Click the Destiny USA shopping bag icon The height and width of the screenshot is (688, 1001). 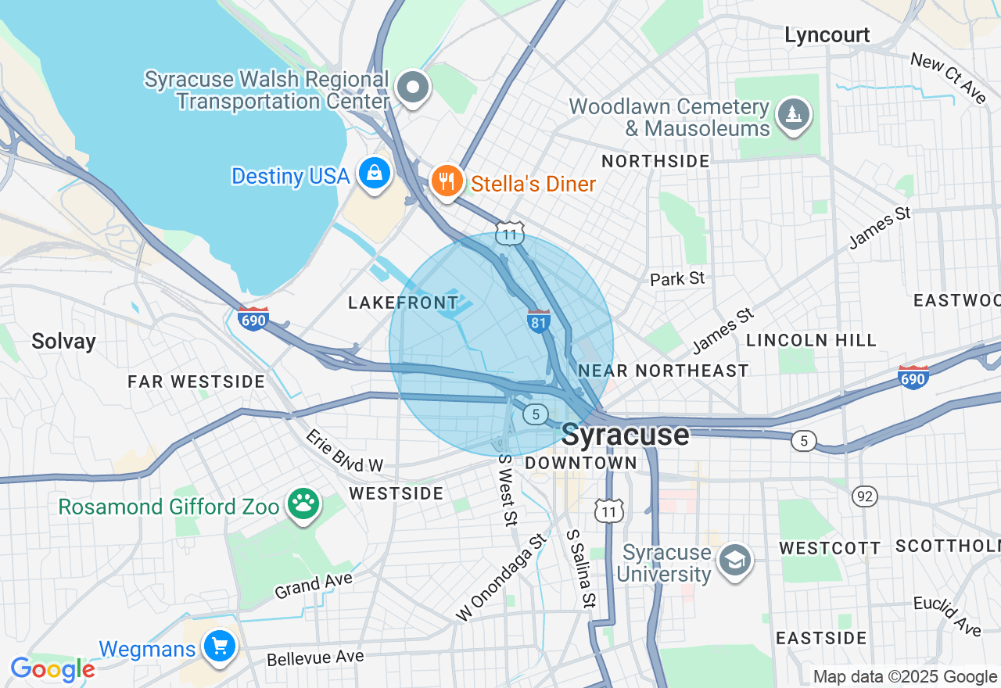tap(375, 174)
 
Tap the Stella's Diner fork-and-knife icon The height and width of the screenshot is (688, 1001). tap(446, 181)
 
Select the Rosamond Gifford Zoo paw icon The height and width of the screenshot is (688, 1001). tap(303, 504)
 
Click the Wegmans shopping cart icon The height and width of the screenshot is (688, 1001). tap(219, 647)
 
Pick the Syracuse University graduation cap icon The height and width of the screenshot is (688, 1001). tap(734, 561)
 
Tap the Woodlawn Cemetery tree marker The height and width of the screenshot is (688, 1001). tap(794, 115)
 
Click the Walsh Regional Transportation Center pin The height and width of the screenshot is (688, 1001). tap(412, 87)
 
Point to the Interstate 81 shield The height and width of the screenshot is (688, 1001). tap(539, 321)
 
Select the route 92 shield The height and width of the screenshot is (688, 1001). tap(866, 496)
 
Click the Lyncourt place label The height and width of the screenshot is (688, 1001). tap(827, 35)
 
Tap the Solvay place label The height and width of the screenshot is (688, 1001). tap(63, 341)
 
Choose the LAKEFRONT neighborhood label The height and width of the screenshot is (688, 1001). tap(404, 303)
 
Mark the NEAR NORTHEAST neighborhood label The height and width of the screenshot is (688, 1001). tap(663, 371)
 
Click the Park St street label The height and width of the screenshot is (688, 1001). tap(677, 278)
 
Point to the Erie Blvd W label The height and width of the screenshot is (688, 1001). tap(344, 452)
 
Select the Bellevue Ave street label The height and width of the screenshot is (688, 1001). tap(315, 658)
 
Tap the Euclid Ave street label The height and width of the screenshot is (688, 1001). tap(947, 616)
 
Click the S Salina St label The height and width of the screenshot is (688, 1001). tap(579, 568)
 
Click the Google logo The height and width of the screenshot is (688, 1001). tap(52, 670)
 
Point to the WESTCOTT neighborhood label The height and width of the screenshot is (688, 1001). tap(830, 548)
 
